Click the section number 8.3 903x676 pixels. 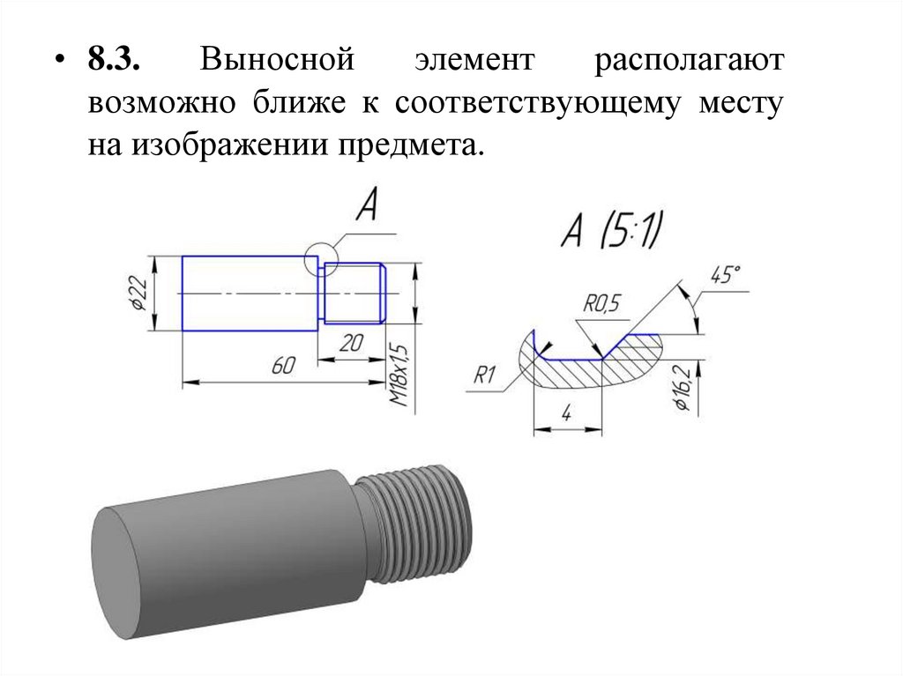(114, 63)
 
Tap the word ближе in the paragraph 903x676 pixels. (303, 104)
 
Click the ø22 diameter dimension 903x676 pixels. (138, 293)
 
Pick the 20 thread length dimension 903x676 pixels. (350, 345)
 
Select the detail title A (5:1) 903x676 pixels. (611, 233)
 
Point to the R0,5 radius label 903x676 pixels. (602, 304)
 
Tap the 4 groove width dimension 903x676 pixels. (566, 411)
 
